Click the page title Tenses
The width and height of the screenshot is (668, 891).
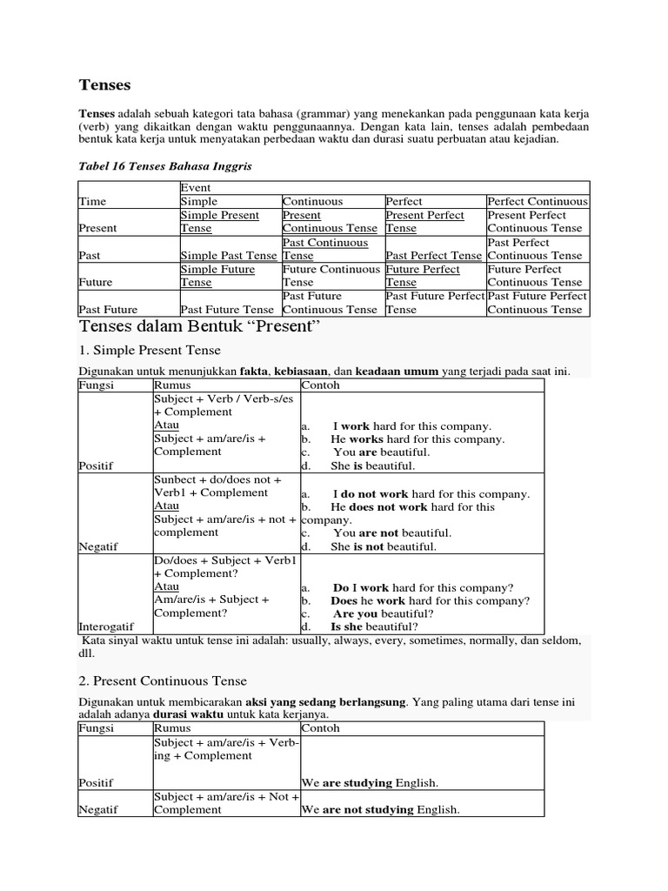point(104,84)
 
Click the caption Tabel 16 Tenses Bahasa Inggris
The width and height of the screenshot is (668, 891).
point(165,166)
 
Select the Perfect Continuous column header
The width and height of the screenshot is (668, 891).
point(537,201)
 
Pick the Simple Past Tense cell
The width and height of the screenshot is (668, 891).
point(229,256)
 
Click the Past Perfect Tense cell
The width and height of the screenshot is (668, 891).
point(433,256)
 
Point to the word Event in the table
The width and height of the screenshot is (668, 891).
point(196,188)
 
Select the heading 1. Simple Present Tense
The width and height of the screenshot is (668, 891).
point(150,350)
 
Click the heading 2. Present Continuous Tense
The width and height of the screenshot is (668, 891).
point(163,681)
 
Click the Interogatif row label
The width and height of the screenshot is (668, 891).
point(108,626)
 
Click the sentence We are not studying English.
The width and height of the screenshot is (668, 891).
point(380,810)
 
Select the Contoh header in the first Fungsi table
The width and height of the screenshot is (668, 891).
point(321,385)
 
